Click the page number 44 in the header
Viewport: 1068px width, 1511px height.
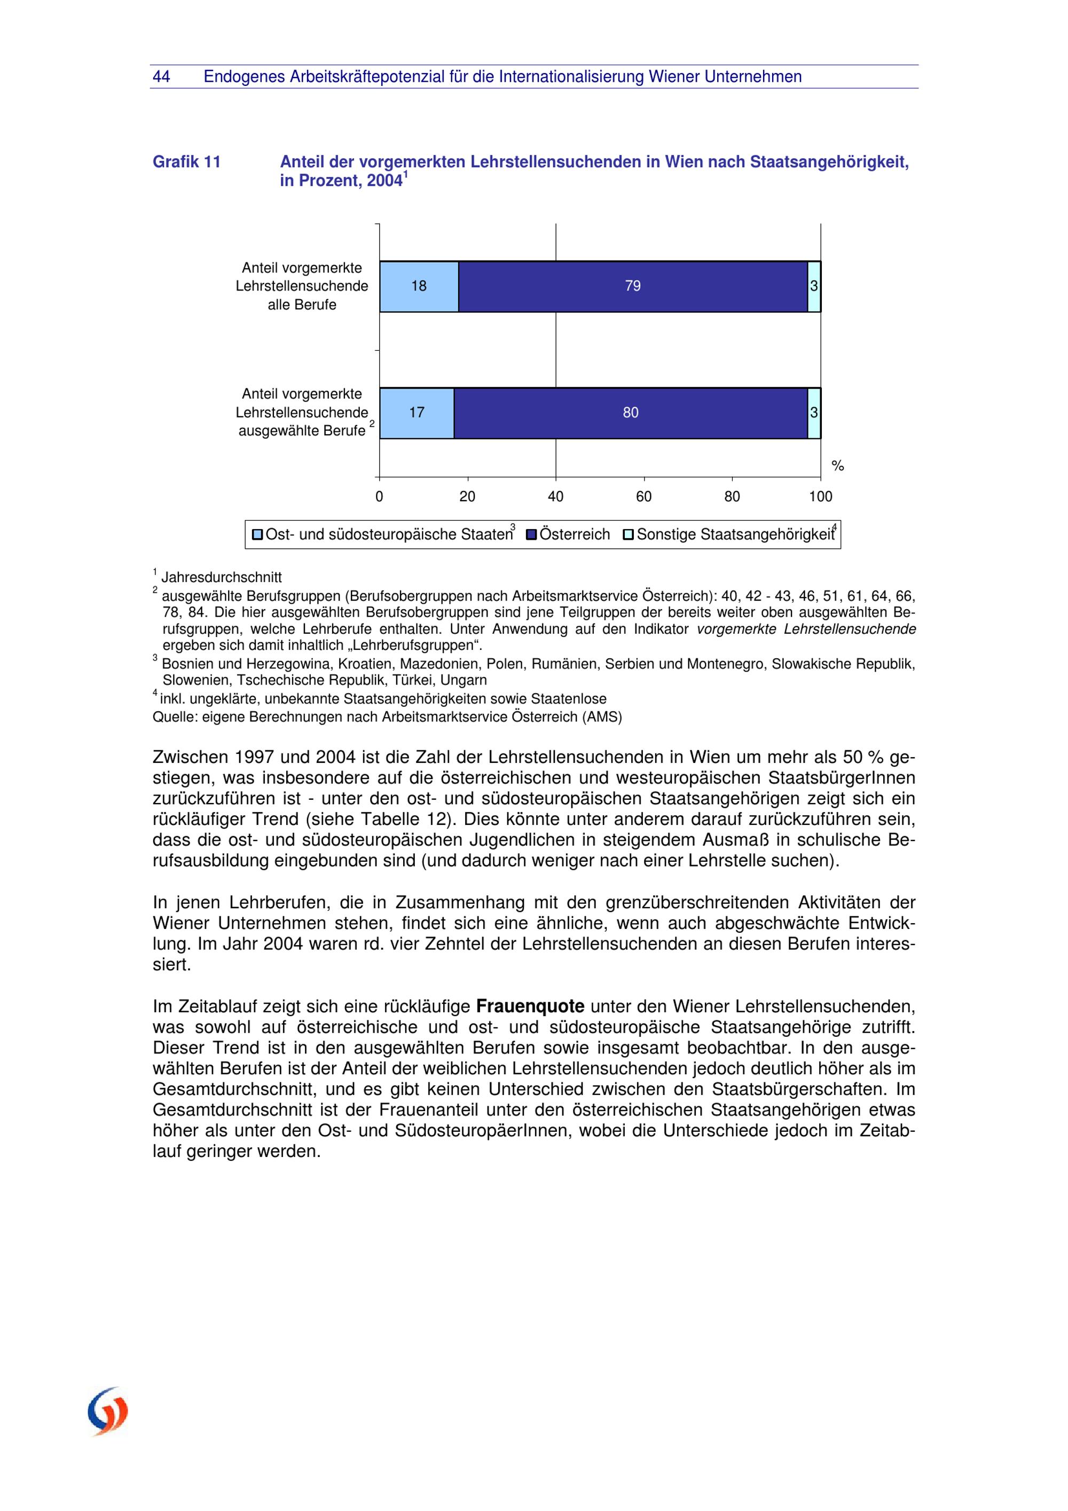[161, 77]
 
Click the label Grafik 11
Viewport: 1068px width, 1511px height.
[186, 162]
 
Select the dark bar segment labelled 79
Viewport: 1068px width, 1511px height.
[632, 286]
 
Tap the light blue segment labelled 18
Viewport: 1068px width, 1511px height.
[419, 286]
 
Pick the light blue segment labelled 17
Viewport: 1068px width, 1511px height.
[417, 413]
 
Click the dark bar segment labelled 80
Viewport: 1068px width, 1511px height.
[631, 413]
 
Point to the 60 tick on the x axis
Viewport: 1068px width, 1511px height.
[643, 497]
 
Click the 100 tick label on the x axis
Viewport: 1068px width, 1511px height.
[821, 497]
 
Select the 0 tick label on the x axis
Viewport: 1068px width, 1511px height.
[379, 497]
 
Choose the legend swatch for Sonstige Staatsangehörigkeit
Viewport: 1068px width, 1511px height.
[629, 534]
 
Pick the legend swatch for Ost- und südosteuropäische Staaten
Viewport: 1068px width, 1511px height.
[257, 534]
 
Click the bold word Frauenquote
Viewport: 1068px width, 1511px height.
[530, 1006]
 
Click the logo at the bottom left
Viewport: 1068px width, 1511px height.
[108, 1412]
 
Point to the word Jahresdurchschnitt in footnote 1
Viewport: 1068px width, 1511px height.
[221, 578]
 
